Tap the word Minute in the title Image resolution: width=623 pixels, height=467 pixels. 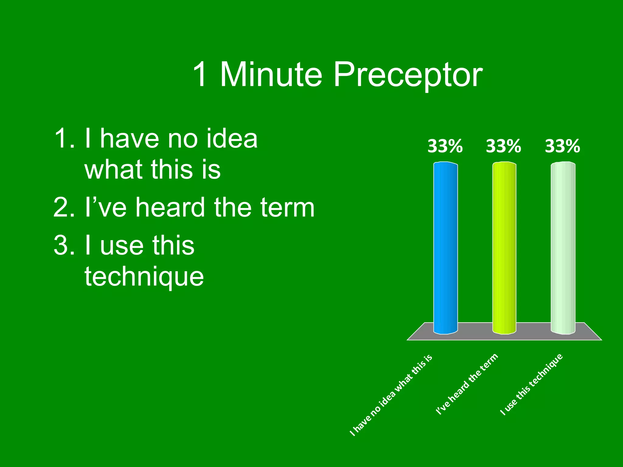(271, 74)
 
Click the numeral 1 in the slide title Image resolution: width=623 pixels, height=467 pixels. (200, 74)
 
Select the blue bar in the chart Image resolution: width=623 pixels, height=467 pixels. (445, 248)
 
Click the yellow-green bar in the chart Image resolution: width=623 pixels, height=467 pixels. (504, 248)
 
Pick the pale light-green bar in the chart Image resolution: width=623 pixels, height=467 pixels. (563, 248)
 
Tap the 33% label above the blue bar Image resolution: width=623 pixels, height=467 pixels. (445, 146)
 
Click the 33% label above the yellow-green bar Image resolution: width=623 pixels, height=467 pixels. (503, 146)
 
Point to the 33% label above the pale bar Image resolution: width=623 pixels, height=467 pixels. (562, 146)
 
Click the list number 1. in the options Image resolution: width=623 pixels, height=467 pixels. (64, 139)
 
